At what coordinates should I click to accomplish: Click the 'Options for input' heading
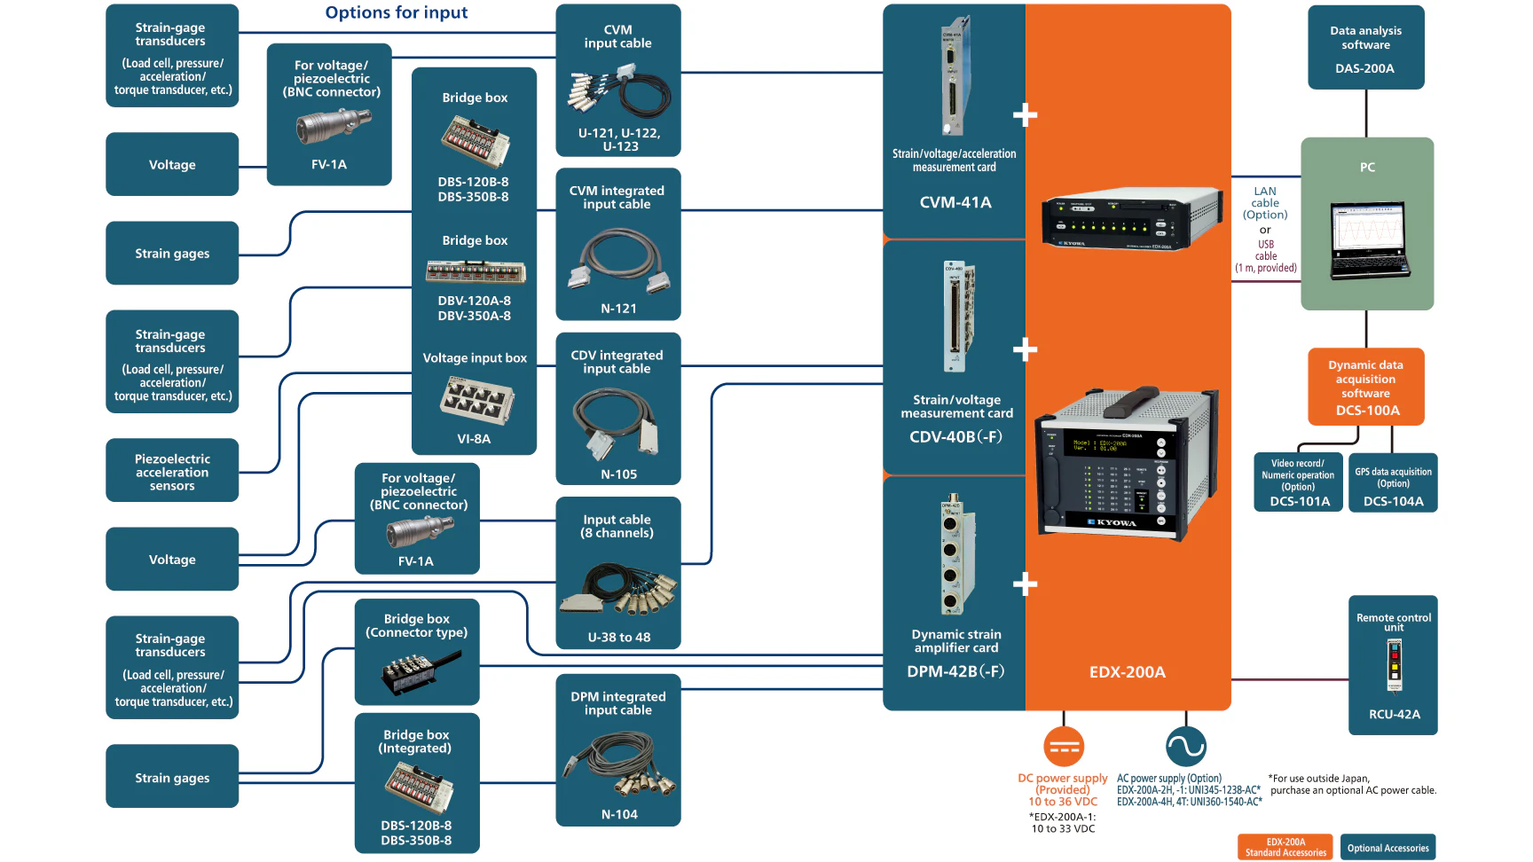point(396,12)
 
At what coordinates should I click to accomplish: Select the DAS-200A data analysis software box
point(1365,48)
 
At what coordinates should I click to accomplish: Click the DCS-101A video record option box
point(1298,482)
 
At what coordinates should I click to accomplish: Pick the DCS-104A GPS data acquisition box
point(1393,482)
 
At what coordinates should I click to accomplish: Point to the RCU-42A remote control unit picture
point(1394,666)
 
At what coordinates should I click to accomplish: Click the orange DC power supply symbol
point(1064,747)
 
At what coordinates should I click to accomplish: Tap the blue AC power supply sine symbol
point(1186,747)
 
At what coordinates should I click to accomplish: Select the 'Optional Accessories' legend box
point(1388,848)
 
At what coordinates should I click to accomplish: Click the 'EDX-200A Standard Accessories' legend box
point(1285,848)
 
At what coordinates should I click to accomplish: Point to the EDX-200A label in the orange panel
point(1127,672)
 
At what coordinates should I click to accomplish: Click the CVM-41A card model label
point(955,202)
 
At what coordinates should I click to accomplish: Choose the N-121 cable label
point(618,309)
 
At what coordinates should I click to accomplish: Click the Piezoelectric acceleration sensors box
point(172,471)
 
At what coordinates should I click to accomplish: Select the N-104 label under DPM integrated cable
point(618,814)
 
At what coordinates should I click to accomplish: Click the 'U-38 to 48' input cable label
point(618,637)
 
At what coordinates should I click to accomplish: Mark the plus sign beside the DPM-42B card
point(1026,584)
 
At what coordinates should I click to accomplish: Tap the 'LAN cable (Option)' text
point(1265,203)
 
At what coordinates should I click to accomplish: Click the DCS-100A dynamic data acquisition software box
point(1365,388)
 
